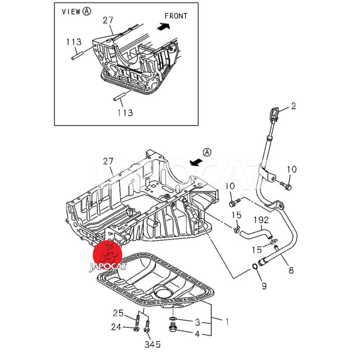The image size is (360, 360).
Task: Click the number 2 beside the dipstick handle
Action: point(293,106)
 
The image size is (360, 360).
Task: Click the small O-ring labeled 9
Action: point(255,267)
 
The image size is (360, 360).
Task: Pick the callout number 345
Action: point(153,345)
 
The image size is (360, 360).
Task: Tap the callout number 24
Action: point(116,327)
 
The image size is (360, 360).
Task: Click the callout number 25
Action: point(118,313)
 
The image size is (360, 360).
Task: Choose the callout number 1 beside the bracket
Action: point(227,322)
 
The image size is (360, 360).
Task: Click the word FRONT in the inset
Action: point(175,16)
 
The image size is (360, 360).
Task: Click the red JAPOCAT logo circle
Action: point(110,253)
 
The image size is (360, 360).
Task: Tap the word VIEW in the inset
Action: point(71,12)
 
